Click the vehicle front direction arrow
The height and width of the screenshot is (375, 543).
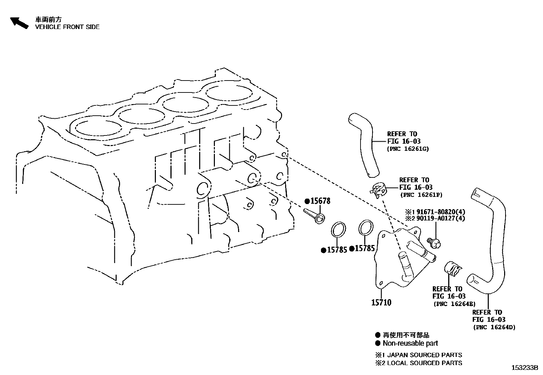(19, 23)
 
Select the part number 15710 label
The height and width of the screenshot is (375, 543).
(381, 302)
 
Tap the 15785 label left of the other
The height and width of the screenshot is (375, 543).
(336, 250)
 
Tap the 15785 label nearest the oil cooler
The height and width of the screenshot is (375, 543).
(364, 248)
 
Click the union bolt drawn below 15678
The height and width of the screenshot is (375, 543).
(314, 216)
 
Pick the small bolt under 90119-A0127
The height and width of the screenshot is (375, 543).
(435, 243)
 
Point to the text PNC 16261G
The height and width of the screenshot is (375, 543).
(408, 149)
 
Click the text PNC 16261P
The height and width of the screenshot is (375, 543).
(421, 195)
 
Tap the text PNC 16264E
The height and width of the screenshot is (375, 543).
(454, 304)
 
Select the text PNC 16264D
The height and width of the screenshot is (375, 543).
(494, 327)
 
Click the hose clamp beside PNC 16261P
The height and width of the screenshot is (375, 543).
(379, 189)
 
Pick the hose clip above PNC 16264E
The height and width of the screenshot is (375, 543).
(452, 268)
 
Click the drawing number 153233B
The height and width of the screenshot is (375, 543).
(524, 368)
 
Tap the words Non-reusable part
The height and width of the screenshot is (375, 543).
(410, 343)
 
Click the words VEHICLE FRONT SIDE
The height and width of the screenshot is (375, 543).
(67, 27)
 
